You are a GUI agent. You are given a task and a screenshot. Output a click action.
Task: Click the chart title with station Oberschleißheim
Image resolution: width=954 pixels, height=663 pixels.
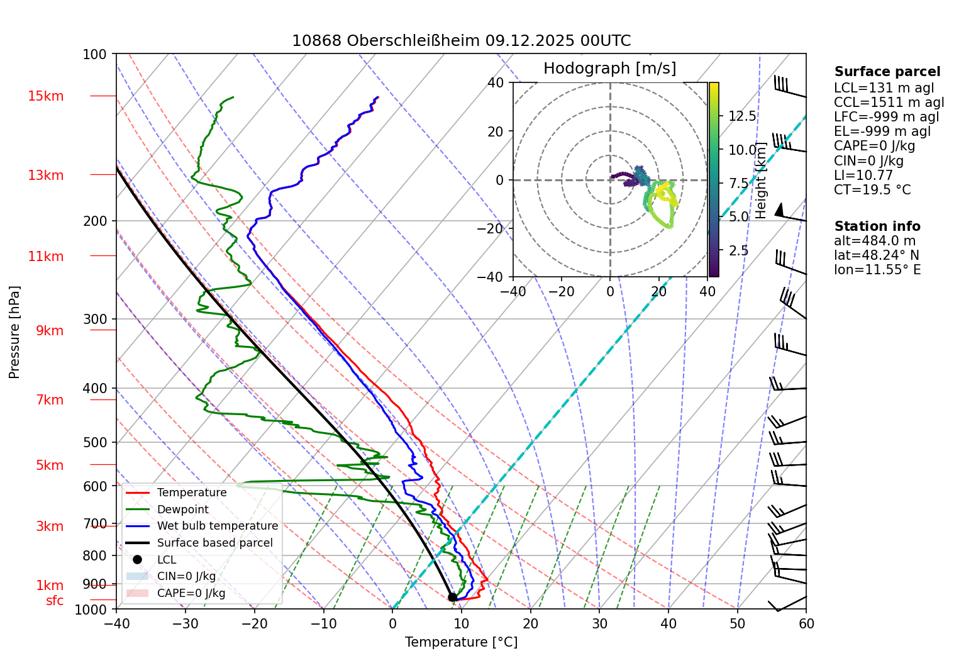(461, 41)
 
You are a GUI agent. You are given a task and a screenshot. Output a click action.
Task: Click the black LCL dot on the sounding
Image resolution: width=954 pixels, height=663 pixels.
(452, 597)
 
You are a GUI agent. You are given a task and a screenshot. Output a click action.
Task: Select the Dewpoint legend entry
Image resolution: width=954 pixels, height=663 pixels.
(182, 510)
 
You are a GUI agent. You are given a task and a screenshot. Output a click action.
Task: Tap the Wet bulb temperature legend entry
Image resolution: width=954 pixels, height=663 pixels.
(217, 526)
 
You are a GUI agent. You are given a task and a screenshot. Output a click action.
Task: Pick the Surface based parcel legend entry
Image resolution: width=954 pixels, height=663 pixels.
(214, 543)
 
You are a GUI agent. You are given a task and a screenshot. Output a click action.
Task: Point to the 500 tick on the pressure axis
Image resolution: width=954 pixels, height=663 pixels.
(95, 442)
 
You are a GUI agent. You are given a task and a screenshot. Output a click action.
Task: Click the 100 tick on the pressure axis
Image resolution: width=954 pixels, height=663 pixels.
(95, 55)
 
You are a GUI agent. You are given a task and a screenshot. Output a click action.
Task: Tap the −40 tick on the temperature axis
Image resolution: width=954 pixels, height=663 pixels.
(116, 623)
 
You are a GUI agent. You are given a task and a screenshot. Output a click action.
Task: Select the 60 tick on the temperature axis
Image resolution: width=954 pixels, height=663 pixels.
(806, 623)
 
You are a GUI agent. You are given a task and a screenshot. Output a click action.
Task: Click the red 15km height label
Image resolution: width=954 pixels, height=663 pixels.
(45, 96)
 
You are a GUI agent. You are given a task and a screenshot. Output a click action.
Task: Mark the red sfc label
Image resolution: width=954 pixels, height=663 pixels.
(55, 601)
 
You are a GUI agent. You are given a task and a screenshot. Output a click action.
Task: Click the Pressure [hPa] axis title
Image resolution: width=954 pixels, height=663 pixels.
(14, 332)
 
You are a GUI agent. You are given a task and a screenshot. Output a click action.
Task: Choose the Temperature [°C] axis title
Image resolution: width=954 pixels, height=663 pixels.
(461, 642)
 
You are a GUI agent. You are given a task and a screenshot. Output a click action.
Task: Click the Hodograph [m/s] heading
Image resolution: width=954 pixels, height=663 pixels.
(609, 69)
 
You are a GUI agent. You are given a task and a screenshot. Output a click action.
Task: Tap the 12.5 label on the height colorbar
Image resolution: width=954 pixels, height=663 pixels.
(742, 116)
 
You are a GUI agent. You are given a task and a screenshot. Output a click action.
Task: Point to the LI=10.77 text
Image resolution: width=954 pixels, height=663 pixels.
(863, 175)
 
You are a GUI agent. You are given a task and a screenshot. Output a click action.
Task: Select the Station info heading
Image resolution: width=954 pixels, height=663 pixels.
(877, 226)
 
